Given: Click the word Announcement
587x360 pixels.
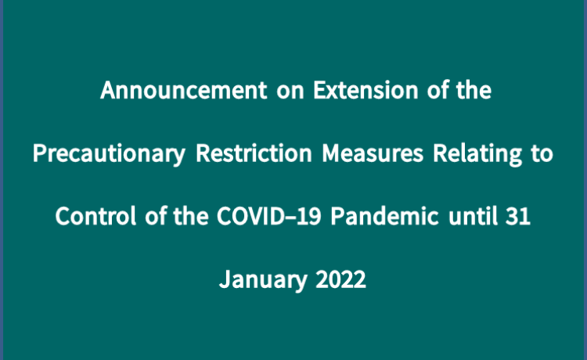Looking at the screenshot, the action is tap(183, 90).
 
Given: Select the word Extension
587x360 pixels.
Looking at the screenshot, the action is tap(366, 90).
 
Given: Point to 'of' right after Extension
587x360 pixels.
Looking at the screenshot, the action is tap(438, 90).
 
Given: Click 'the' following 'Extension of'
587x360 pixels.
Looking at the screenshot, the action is tap(474, 90).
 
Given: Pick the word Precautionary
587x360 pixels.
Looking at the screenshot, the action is tap(109, 154).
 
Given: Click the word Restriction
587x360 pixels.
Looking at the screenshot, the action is tap(254, 153).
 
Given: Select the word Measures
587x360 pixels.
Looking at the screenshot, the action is tap(373, 153).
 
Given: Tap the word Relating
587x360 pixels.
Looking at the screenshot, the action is tap(477, 154).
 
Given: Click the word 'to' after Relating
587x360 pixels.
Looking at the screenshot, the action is tap(542, 154).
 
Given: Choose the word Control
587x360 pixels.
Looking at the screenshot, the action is tap(95, 216).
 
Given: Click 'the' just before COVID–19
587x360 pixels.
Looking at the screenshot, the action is tap(191, 216).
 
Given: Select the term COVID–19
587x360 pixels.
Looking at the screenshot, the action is tap(268, 216).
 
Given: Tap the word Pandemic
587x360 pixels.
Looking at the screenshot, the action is tap(384, 216).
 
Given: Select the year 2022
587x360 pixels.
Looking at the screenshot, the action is tap(340, 279).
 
